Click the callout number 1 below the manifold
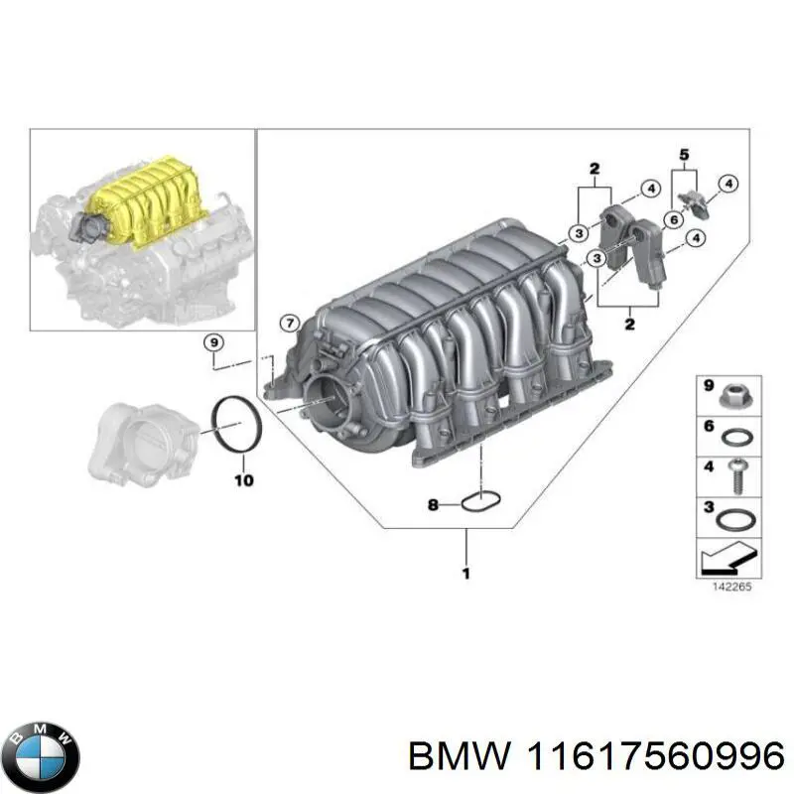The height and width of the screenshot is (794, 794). (x=466, y=573)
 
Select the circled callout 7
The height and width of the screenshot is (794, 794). (x=289, y=322)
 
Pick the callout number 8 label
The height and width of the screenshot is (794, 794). (x=433, y=506)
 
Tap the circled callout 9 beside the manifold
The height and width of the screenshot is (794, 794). (x=211, y=343)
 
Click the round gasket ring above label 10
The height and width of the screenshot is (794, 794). (x=237, y=425)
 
